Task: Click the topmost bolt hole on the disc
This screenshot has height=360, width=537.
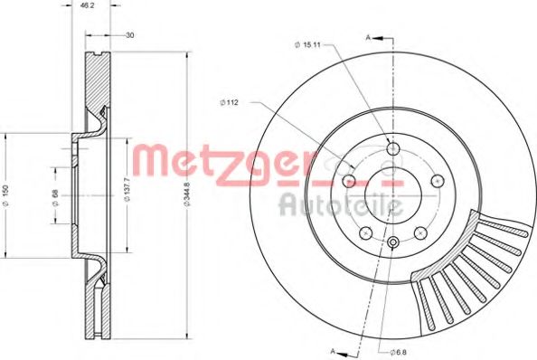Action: point(392,150)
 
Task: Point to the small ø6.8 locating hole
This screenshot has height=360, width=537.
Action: point(393,242)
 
